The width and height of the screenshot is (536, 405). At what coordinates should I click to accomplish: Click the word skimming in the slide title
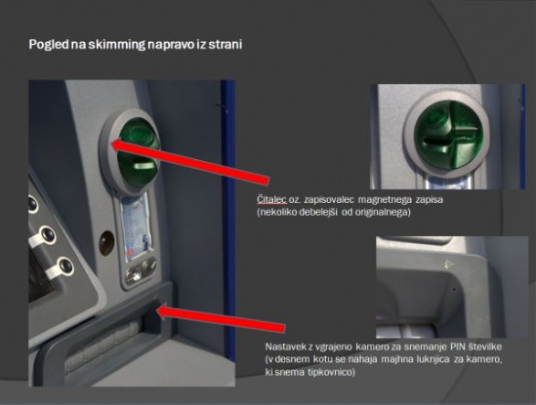coord(117,45)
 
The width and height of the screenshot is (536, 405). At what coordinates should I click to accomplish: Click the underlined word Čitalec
coord(272,199)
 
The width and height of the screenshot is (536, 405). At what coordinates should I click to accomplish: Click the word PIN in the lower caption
coord(457,346)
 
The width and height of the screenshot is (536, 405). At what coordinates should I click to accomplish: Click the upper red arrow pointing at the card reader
coord(191,162)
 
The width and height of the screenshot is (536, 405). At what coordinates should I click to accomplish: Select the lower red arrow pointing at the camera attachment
coord(220,319)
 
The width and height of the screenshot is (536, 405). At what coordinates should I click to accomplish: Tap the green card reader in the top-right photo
coord(448,136)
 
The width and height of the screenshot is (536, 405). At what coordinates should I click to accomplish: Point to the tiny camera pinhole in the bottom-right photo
coord(455,289)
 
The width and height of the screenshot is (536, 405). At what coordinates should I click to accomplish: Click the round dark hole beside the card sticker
coord(106,243)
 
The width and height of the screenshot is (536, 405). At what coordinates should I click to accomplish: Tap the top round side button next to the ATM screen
coord(32,204)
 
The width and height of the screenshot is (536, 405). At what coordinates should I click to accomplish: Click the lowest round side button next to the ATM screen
coord(65,266)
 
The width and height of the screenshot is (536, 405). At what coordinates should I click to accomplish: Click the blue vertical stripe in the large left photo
coord(228,219)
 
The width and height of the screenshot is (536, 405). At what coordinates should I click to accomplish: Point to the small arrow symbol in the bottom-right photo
coord(447,264)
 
